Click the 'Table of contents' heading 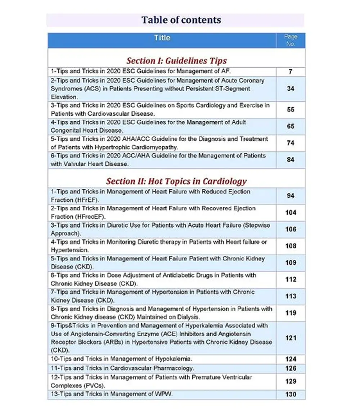point(181,20)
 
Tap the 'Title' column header point(162,38)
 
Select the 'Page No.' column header point(291,40)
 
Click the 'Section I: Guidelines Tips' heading point(176,60)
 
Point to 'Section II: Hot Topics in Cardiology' point(176,181)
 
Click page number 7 point(291,72)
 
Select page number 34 point(291,89)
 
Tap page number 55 point(291,109)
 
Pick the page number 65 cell point(291,126)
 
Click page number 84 point(291,160)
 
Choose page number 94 point(291,196)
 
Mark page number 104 point(291,212)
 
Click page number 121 point(291,338)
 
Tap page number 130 point(291,394)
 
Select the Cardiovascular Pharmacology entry point(122,368)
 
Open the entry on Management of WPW point(112,394)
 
